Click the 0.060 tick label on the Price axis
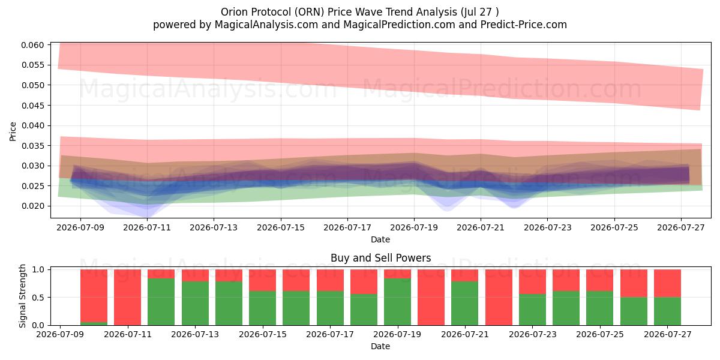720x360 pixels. click(x=32, y=45)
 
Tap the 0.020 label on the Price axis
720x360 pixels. click(x=32, y=206)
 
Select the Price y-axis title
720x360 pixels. click(x=13, y=131)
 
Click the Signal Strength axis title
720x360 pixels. click(x=22, y=296)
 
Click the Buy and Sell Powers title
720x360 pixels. click(x=380, y=258)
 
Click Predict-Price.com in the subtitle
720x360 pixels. click(x=523, y=25)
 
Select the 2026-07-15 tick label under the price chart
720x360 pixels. click(x=281, y=227)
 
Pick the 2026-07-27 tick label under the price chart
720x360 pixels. click(x=681, y=227)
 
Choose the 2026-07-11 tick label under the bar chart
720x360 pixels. click(x=128, y=334)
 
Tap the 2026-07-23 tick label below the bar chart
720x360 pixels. click(x=533, y=334)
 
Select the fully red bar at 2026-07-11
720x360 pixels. click(x=128, y=298)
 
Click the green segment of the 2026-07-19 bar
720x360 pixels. click(x=398, y=302)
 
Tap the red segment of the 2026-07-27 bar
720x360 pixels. click(x=668, y=283)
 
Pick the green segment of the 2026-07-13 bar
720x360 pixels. click(x=195, y=304)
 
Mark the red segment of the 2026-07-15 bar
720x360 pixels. click(x=263, y=280)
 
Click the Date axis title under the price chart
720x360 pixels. click(x=380, y=239)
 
